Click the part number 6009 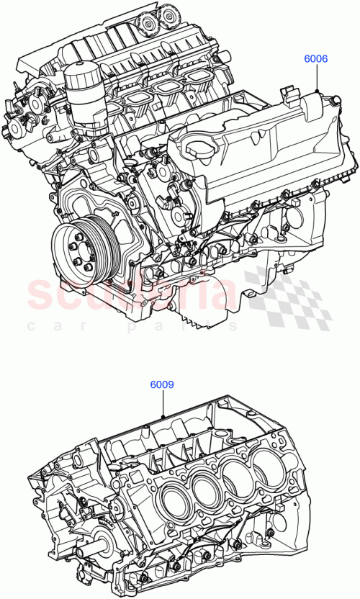(162, 384)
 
